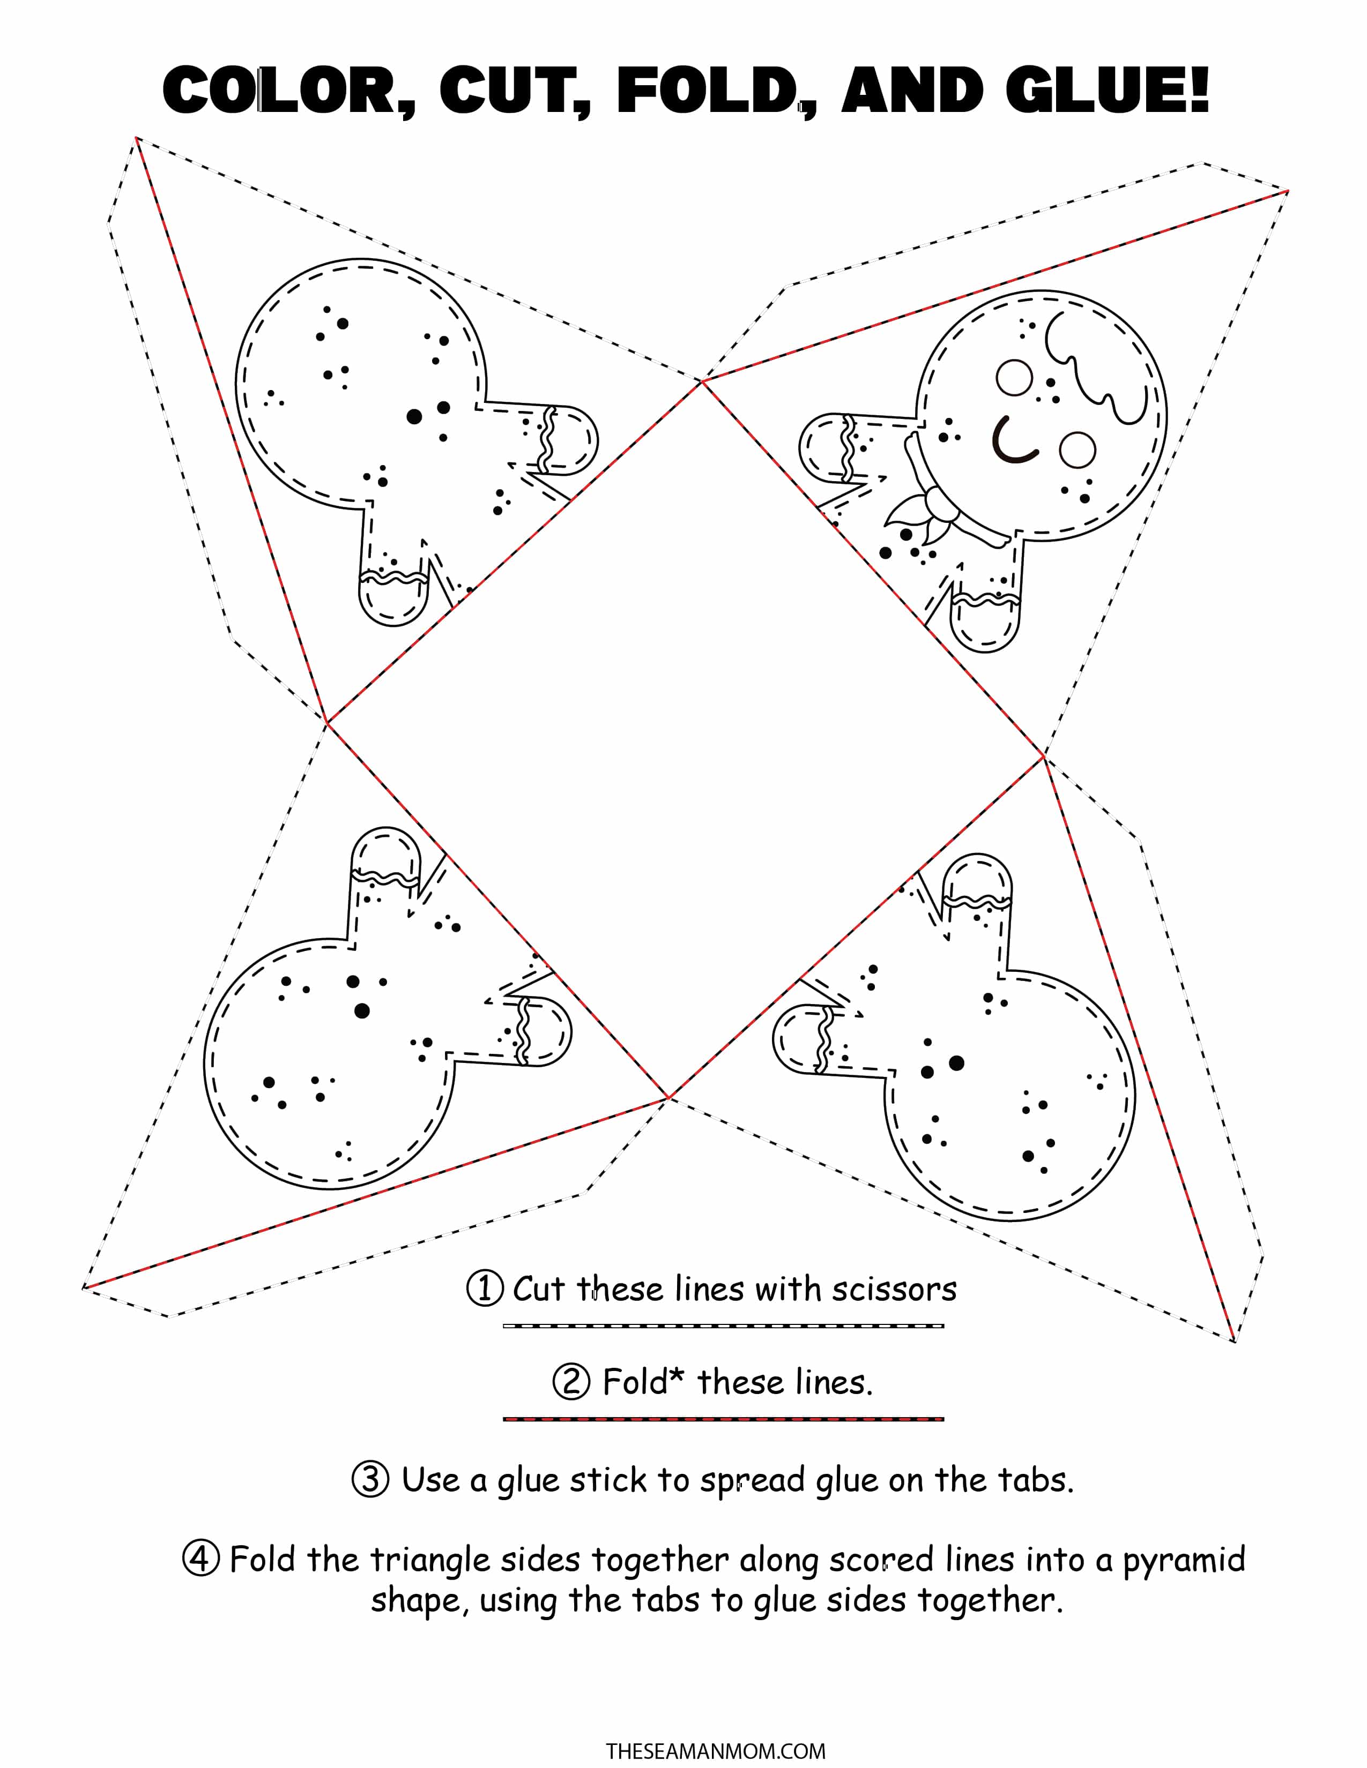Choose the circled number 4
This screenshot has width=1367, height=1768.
(x=201, y=1559)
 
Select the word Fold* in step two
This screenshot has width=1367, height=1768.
(x=644, y=1381)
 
